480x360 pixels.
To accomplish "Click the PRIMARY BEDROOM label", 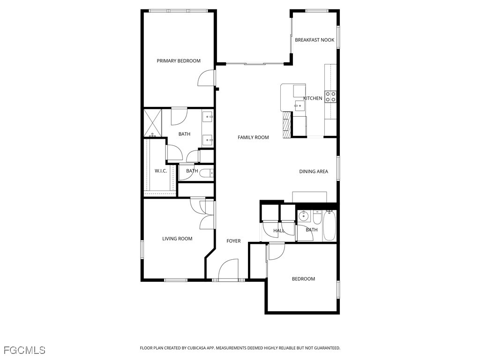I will (x=179, y=61).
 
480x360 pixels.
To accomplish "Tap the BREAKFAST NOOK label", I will (x=315, y=40).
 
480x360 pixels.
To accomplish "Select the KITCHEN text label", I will (x=313, y=98).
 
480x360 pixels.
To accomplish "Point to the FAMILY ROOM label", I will (x=253, y=137).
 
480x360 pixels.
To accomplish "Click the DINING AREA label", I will (x=314, y=172).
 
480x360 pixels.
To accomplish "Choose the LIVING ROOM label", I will (x=177, y=239).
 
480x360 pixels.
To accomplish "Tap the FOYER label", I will (x=233, y=241).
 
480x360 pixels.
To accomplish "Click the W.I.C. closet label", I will (x=161, y=171).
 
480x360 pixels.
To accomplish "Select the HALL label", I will (x=279, y=231).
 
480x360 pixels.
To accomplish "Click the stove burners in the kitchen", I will (x=331, y=97).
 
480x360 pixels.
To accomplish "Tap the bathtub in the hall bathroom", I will (x=329, y=225).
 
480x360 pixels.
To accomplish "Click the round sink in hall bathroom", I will (x=303, y=216).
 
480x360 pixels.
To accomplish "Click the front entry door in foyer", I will (x=229, y=270).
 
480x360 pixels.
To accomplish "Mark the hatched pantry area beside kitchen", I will (x=285, y=127).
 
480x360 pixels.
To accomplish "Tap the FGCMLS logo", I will (x=24, y=350).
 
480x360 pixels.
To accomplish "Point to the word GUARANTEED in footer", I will (x=324, y=348).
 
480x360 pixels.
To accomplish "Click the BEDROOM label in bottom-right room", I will (x=303, y=279).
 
